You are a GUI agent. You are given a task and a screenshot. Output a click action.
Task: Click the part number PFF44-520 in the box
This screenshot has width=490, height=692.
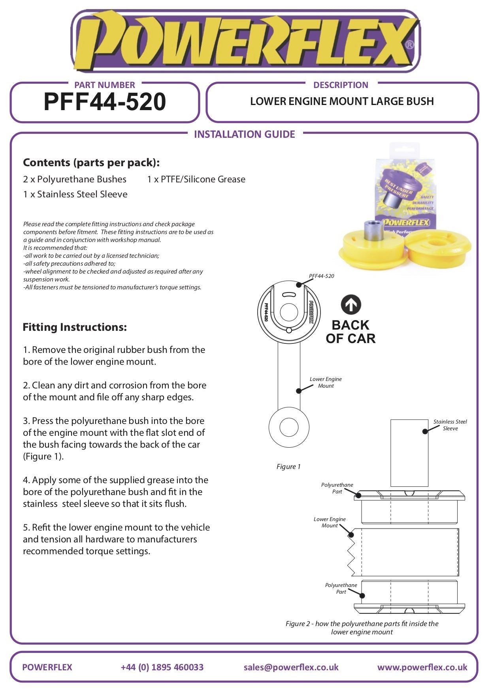(105, 102)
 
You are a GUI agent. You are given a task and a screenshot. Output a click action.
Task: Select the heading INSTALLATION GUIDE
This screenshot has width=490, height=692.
(244, 134)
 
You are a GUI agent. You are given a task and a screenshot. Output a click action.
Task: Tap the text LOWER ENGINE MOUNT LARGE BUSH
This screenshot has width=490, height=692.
(342, 101)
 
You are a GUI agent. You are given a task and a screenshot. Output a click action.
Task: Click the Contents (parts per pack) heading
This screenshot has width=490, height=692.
(91, 163)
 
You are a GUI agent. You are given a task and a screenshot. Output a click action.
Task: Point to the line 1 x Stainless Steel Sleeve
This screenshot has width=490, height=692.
(75, 194)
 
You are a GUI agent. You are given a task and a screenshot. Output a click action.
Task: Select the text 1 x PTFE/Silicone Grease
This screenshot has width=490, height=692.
(196, 179)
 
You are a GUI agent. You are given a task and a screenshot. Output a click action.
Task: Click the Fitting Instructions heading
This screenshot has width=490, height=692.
(75, 327)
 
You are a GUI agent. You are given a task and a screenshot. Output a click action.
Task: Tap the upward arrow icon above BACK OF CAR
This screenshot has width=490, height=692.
(351, 305)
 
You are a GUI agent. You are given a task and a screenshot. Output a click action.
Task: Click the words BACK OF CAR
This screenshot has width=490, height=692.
(351, 332)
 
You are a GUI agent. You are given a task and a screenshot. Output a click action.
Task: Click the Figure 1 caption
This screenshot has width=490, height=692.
(288, 467)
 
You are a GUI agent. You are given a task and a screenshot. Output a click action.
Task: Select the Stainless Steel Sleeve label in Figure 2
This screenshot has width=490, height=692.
(450, 425)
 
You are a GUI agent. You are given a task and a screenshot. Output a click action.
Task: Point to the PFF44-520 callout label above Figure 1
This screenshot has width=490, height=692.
(321, 276)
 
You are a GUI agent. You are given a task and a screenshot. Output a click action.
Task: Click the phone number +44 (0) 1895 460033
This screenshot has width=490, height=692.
(162, 667)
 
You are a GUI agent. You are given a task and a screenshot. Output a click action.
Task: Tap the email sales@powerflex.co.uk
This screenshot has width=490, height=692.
(291, 667)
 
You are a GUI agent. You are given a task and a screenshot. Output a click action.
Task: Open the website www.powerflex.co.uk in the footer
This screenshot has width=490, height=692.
(422, 667)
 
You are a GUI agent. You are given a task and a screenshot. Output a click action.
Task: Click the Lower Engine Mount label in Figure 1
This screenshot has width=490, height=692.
(326, 382)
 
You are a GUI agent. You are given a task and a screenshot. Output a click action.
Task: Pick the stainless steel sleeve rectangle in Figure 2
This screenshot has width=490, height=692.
(409, 453)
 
